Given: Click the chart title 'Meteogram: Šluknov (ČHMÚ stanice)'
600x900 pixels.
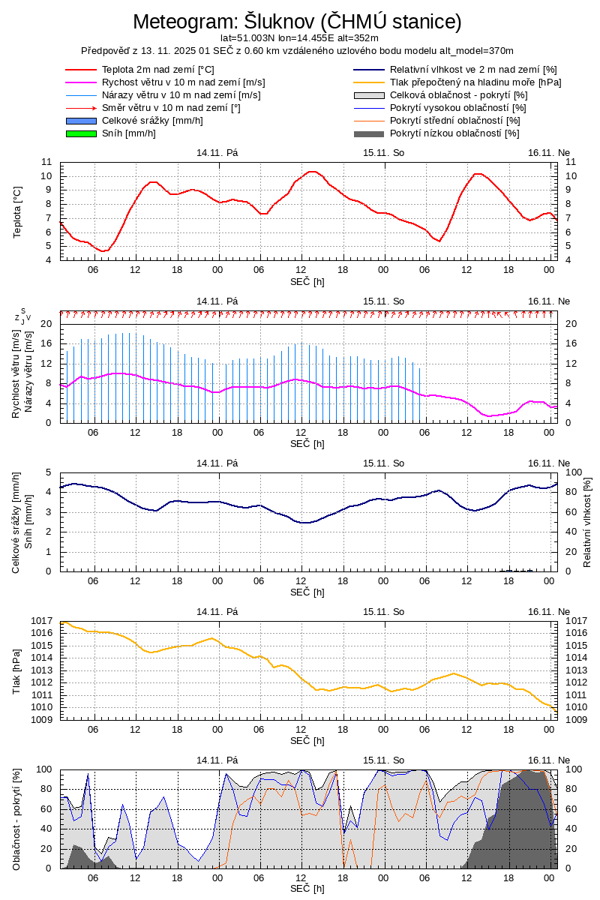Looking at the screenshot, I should point(298,21).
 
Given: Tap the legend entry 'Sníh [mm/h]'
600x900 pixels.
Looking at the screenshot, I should point(129,133).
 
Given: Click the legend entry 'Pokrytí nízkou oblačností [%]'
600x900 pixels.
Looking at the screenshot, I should point(454,133).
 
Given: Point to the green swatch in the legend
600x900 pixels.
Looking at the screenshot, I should point(81,133).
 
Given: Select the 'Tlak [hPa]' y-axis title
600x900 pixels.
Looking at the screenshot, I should point(17,671).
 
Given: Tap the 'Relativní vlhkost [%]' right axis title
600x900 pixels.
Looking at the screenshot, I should point(587,521).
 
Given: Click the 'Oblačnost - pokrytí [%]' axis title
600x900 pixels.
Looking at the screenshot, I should point(17,819).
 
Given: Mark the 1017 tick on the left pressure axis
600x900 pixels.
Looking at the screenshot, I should point(42,621).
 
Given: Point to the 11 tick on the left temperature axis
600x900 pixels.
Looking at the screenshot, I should point(46,162).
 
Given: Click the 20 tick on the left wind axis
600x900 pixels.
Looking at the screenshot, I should point(46,324).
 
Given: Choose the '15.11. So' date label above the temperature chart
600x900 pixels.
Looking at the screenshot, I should point(383,152).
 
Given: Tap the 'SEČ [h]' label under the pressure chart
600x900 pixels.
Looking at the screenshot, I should point(307,740).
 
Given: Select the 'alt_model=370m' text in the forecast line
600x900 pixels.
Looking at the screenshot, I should point(478,50).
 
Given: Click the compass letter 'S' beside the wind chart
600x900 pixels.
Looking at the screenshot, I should point(22,310).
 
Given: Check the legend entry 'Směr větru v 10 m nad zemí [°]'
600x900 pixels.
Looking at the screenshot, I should point(171,108).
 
